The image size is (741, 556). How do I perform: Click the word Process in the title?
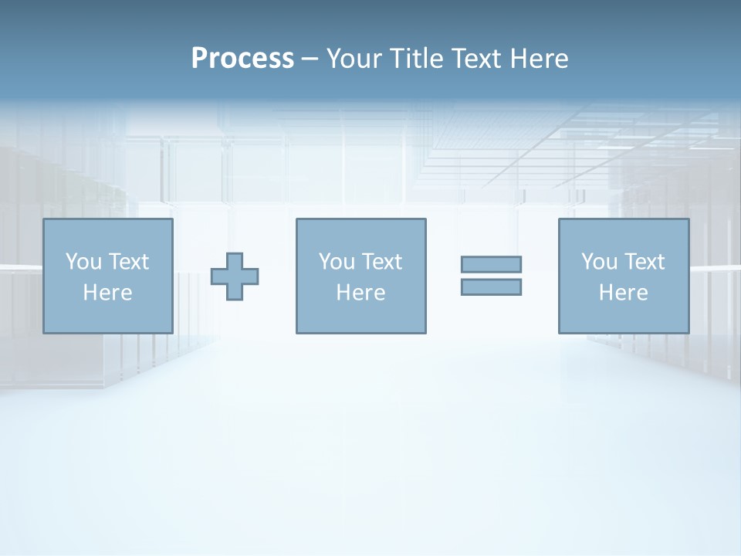point(242,59)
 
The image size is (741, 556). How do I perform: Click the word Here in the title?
point(540,59)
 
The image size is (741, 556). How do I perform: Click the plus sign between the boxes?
point(235,276)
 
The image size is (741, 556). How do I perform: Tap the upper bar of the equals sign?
point(491,264)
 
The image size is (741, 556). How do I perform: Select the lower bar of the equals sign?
point(491,286)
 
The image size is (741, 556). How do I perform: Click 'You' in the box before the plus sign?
point(83,262)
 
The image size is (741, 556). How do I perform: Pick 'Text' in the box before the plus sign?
point(128,262)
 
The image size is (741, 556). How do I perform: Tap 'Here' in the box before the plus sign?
point(107,293)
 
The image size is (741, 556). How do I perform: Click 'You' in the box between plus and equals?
point(337,262)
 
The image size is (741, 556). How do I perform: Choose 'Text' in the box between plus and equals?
point(381,262)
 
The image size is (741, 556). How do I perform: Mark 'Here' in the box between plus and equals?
point(360,293)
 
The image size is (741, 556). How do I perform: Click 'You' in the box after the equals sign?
point(599,262)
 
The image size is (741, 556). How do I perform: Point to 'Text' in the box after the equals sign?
point(644,262)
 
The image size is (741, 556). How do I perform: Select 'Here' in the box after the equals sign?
point(623,293)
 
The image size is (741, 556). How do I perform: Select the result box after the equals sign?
point(624,317)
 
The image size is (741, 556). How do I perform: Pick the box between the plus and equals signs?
point(361,317)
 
